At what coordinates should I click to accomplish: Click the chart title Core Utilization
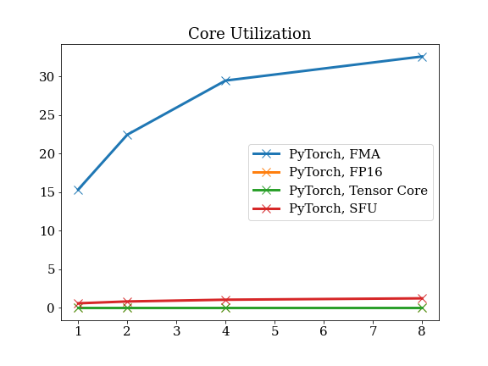tap(250, 33)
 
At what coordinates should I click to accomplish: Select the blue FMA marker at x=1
tap(79, 190)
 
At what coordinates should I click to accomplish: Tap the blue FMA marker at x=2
tap(127, 135)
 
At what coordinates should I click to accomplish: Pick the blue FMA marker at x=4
tap(226, 80)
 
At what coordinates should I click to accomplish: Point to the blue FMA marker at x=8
tap(422, 57)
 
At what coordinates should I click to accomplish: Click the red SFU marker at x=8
tap(422, 298)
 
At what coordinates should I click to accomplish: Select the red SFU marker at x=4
tap(226, 300)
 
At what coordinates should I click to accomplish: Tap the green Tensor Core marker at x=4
tap(226, 308)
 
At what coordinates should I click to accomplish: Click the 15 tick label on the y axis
tap(47, 192)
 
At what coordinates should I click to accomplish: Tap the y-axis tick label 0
tap(51, 308)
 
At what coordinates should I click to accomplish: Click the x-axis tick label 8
tap(422, 331)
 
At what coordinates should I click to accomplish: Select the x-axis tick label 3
tap(177, 331)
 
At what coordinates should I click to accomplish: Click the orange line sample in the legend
tap(266, 172)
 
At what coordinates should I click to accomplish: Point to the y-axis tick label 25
tap(47, 115)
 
